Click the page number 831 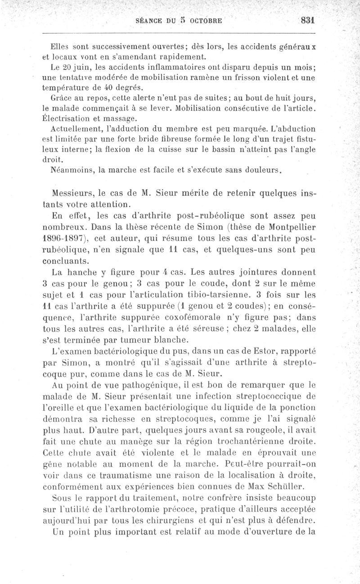308,21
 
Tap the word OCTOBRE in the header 204,21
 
